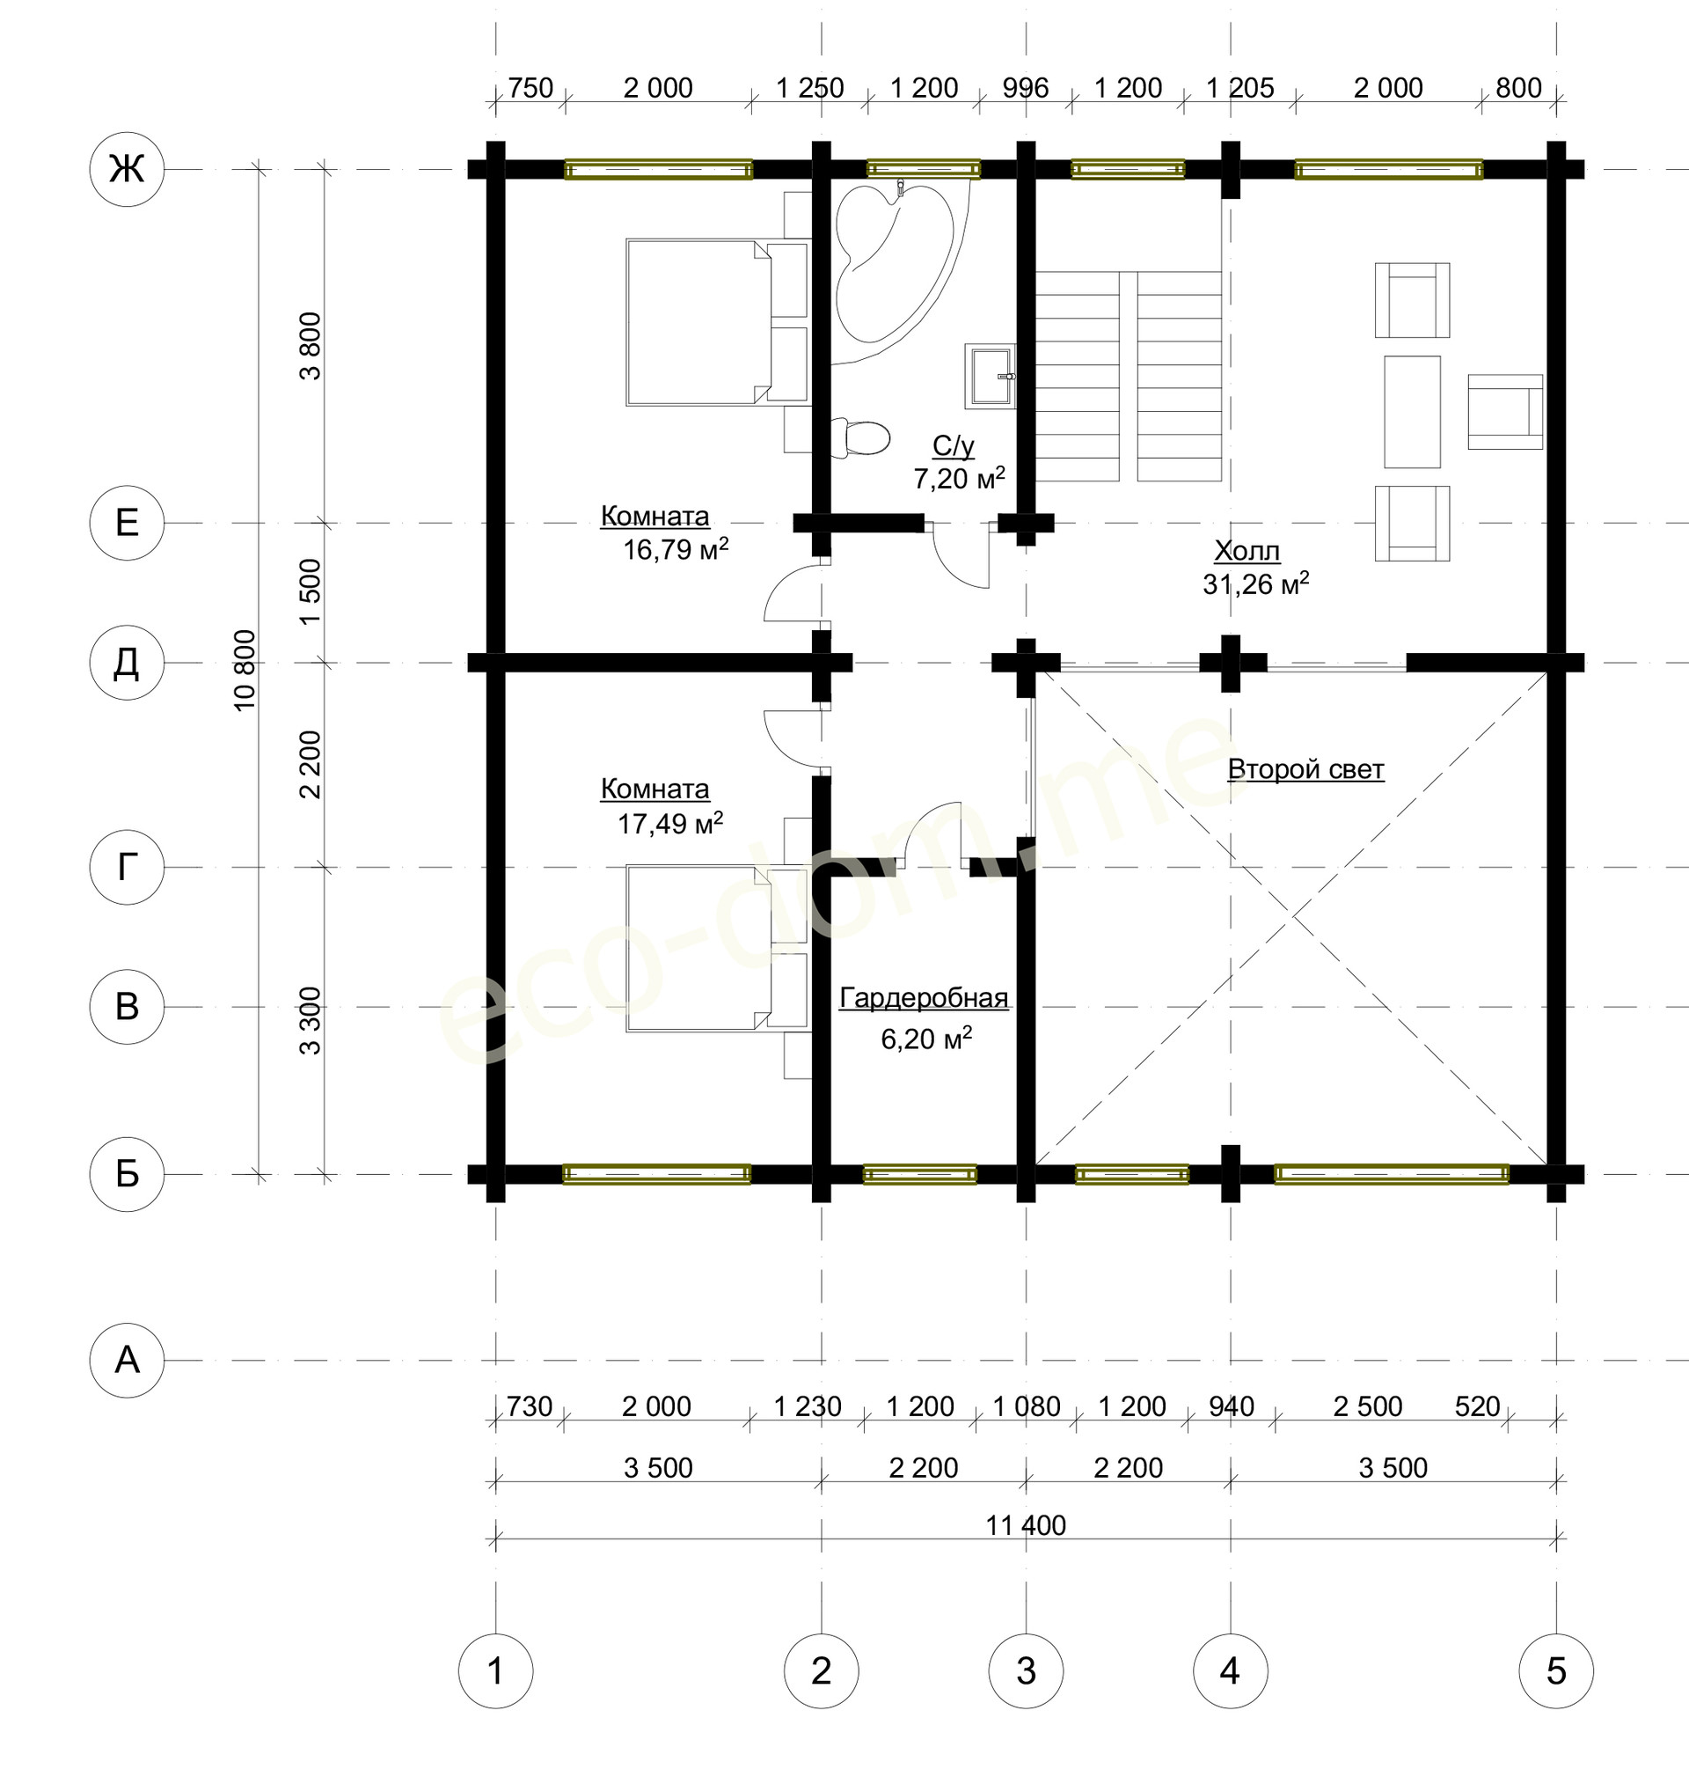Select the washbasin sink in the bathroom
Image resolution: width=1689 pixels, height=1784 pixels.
pyautogui.click(x=991, y=374)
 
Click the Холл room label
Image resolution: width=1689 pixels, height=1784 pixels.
pyautogui.click(x=1247, y=551)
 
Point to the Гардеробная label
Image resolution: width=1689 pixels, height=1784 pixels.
pyautogui.click(x=924, y=998)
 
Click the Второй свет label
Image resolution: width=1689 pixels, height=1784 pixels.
pyautogui.click(x=1305, y=769)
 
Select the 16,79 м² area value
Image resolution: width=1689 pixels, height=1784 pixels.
pyautogui.click(x=676, y=548)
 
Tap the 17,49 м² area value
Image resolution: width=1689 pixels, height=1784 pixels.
pyautogui.click(x=669, y=822)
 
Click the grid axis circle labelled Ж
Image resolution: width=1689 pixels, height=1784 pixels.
pyautogui.click(x=127, y=169)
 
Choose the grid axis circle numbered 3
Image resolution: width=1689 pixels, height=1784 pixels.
pyautogui.click(x=1026, y=1670)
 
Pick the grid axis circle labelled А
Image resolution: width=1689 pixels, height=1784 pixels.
pyautogui.click(x=127, y=1360)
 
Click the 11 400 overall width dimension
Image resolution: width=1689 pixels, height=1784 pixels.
pyautogui.click(x=1026, y=1525)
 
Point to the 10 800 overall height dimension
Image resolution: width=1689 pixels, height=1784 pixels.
pyautogui.click(x=245, y=670)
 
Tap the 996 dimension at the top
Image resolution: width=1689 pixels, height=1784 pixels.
pyautogui.click(x=1026, y=87)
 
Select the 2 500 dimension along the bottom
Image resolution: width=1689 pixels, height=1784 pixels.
pyautogui.click(x=1368, y=1406)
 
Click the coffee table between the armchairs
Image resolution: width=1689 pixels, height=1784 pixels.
pyautogui.click(x=1412, y=412)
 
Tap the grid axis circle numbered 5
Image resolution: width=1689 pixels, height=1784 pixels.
pyautogui.click(x=1556, y=1670)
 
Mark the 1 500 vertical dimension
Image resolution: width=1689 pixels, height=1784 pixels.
pyautogui.click(x=310, y=591)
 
